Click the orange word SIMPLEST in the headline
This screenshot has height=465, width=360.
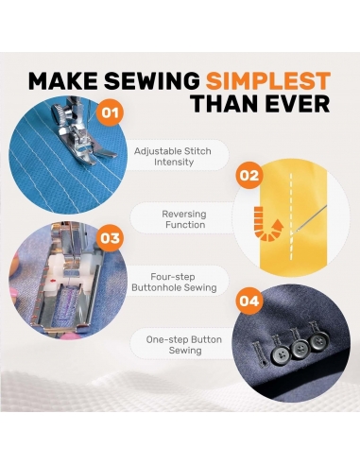(x=268, y=80)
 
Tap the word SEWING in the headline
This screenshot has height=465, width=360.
(x=152, y=80)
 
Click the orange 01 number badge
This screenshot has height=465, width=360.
(x=110, y=112)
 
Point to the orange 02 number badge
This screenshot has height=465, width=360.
(x=249, y=175)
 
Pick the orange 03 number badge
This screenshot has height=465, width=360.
(x=110, y=238)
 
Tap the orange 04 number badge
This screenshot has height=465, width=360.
(x=249, y=301)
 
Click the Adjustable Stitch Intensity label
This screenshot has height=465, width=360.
(x=173, y=156)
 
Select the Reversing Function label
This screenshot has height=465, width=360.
(x=184, y=219)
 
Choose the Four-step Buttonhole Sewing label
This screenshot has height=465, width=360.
(x=174, y=282)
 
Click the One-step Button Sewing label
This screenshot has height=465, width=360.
(x=184, y=345)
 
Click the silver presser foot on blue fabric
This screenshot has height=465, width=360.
(x=83, y=134)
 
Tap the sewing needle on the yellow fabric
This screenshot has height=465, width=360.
(x=310, y=220)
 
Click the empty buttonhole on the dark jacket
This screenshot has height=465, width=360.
(x=260, y=354)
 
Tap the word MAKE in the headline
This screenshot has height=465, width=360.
(x=63, y=80)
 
